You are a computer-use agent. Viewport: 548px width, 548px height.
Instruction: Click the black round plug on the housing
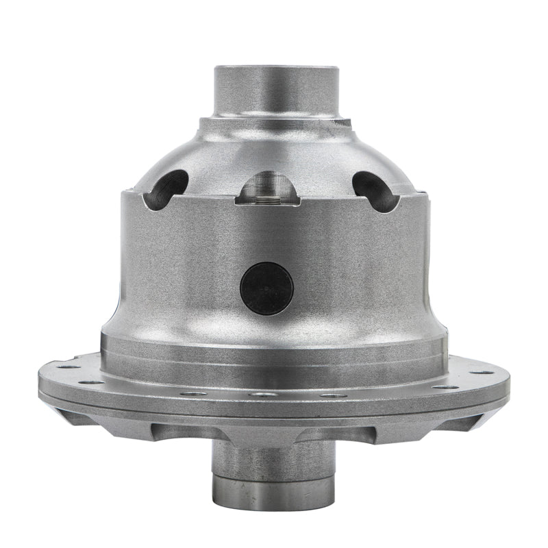(x=267, y=286)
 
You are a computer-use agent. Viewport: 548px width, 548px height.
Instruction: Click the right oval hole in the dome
(x=373, y=186)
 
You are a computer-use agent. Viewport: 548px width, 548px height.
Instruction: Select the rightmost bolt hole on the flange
(x=490, y=372)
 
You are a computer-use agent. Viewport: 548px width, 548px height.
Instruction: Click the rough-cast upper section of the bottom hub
(x=274, y=456)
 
